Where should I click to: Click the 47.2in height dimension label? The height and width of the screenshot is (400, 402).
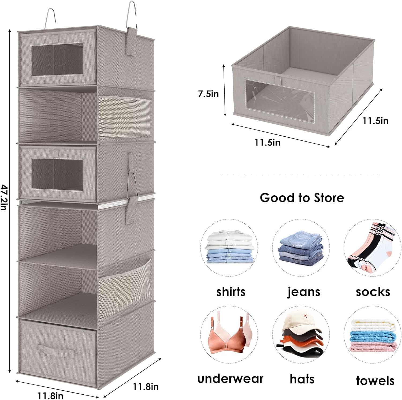point(3,197)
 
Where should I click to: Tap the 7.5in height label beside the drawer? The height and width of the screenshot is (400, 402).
point(209,94)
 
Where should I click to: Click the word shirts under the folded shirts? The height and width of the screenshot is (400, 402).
point(231,291)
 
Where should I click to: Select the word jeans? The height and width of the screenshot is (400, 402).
point(304,292)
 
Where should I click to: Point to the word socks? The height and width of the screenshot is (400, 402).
point(373,292)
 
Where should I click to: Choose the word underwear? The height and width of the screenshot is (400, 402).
point(230,379)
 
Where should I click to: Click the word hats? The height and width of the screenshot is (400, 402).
point(302,379)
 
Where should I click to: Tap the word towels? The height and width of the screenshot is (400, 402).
point(375,380)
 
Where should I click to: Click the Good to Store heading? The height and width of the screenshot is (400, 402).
point(302,198)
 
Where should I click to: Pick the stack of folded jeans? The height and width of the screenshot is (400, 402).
point(301,247)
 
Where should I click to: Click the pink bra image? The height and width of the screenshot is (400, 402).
point(229,335)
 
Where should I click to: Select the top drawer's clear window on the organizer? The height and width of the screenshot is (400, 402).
point(57,59)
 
